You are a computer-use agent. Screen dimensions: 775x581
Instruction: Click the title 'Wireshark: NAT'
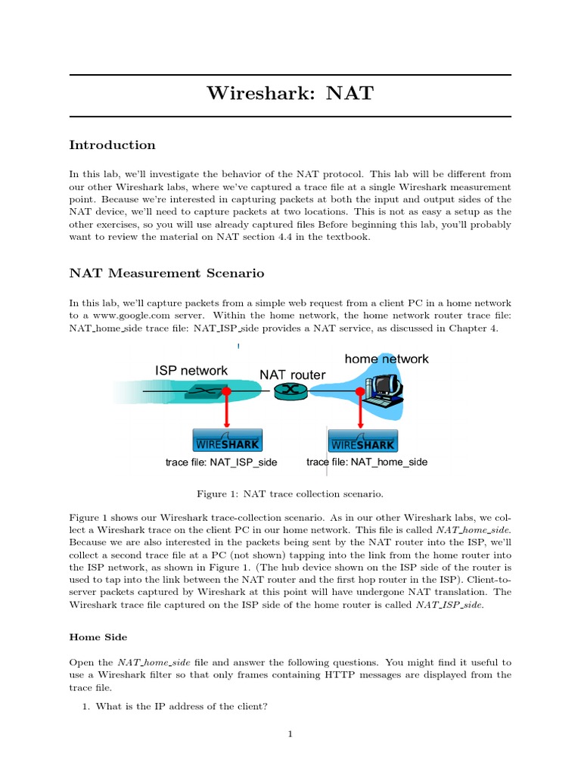click(x=290, y=95)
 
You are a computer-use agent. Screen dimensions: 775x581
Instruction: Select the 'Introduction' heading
click(x=112, y=145)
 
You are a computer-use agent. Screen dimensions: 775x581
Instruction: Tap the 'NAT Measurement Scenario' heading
click(x=166, y=272)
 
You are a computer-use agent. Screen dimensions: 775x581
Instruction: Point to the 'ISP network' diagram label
click(x=191, y=370)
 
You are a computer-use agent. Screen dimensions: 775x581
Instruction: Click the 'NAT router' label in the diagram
click(x=293, y=375)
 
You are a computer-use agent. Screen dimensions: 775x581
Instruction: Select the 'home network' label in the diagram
click(x=387, y=359)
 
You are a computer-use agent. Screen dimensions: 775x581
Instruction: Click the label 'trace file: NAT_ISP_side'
click(x=222, y=462)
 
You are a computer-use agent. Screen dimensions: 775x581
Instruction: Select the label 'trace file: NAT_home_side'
click(x=367, y=462)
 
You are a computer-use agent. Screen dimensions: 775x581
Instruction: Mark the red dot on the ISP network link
click(x=225, y=391)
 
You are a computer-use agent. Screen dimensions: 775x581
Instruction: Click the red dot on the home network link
click(x=359, y=391)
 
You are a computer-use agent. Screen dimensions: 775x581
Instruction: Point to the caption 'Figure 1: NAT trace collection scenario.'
click(x=290, y=494)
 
